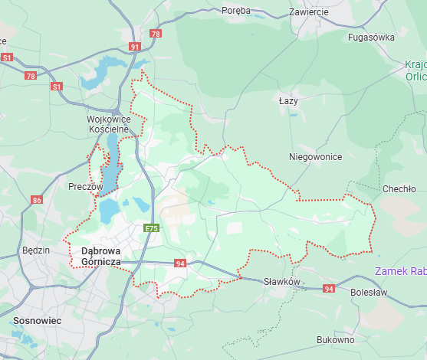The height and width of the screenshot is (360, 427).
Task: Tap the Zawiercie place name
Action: click(309, 12)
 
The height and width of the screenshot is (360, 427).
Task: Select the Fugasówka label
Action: click(371, 37)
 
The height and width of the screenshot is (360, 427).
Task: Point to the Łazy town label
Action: click(288, 100)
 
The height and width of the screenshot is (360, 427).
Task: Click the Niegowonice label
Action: click(314, 156)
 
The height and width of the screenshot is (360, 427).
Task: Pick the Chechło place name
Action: click(399, 188)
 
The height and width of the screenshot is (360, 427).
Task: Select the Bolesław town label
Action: click(370, 293)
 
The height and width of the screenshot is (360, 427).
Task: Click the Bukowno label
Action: click(336, 339)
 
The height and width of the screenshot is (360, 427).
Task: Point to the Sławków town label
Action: click(280, 282)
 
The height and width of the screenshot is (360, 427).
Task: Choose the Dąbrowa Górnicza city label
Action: click(101, 257)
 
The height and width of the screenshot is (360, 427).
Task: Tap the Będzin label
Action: click(35, 250)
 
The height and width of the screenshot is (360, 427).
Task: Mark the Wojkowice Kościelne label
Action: click(109, 125)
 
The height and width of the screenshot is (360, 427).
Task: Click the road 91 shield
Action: click(136, 47)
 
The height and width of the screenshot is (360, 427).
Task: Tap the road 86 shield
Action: click(37, 200)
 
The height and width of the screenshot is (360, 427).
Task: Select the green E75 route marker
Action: click(152, 228)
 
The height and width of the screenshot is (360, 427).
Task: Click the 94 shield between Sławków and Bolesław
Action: click(329, 289)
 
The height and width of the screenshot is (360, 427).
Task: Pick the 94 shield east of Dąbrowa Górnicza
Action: click(180, 263)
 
